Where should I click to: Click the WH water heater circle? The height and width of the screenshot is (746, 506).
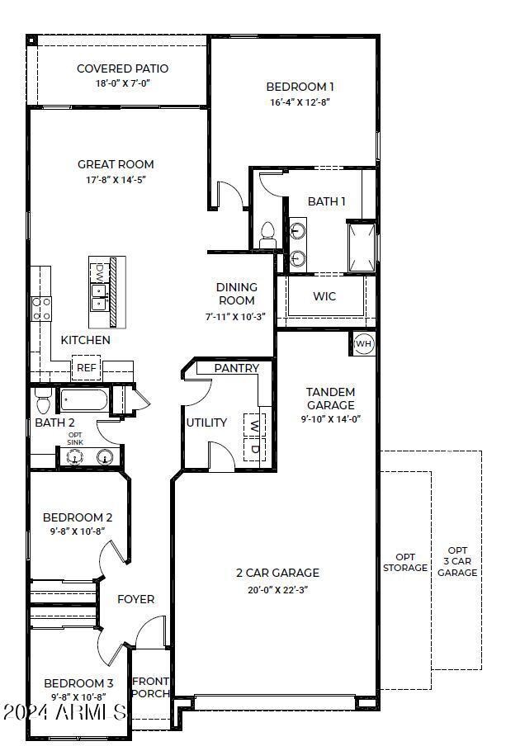point(364,343)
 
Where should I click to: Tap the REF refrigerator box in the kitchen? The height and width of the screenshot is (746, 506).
point(86,368)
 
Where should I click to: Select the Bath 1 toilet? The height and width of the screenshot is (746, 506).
point(267,234)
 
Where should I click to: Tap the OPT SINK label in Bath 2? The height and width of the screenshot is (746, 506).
point(75,439)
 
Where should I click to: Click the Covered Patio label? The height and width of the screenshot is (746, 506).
point(122,68)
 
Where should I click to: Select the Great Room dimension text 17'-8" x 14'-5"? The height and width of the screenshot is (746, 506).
point(116,179)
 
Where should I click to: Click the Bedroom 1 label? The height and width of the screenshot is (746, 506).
point(300,87)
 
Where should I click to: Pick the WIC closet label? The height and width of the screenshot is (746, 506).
point(324,296)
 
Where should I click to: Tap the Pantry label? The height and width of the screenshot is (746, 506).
point(236,368)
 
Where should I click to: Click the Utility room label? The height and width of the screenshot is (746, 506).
point(206,423)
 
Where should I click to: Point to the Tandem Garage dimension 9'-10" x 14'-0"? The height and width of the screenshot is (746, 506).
point(330,418)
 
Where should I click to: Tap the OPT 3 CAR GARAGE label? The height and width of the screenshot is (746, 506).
point(456,561)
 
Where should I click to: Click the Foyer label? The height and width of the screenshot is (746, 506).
point(135,599)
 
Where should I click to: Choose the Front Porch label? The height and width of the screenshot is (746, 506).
point(151,687)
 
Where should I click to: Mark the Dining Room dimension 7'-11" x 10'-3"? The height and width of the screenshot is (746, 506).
point(235,316)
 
